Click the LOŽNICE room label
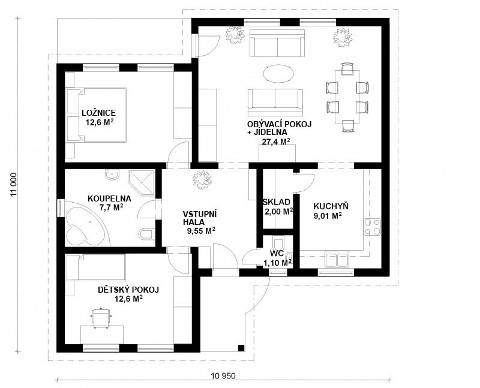[98, 113]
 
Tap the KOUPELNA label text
[109, 198]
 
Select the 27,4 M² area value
[276, 142]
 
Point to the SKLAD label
[277, 202]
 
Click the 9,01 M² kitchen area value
[328, 216]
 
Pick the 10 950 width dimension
[223, 375]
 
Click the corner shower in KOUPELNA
[142, 182]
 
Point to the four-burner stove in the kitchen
[372, 227]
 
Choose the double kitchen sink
[337, 259]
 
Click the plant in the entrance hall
[202, 179]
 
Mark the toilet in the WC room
[278, 244]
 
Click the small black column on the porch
[241, 348]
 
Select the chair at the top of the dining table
[347, 68]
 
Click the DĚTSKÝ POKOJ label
[128, 290]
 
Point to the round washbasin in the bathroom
[112, 175]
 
